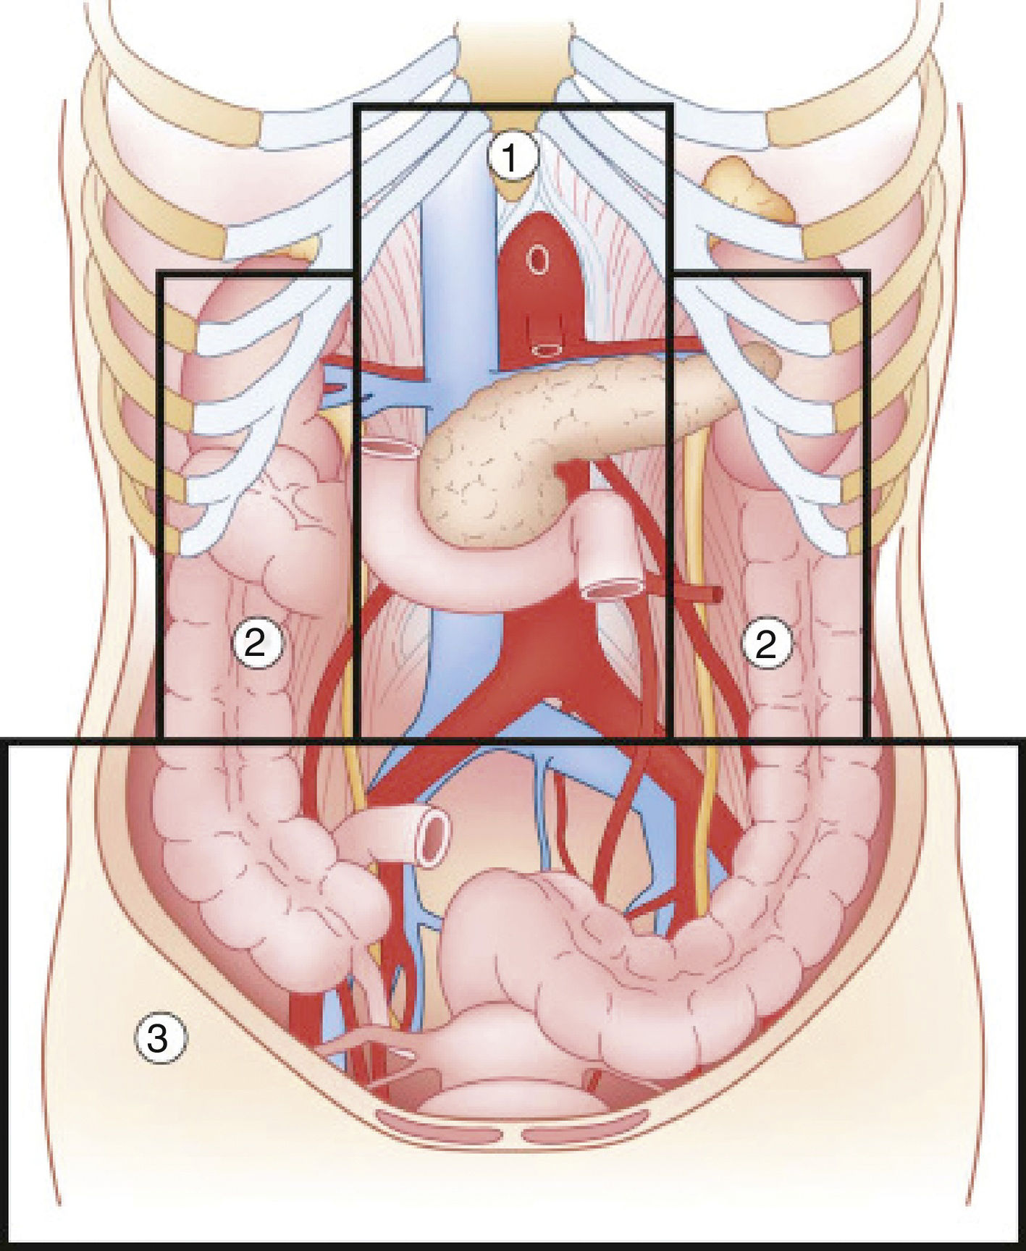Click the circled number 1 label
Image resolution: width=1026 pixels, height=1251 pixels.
pos(512,157)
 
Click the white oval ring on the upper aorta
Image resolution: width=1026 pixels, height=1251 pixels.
pos(538,259)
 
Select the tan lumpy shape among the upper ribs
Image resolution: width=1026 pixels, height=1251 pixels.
pos(749,190)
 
